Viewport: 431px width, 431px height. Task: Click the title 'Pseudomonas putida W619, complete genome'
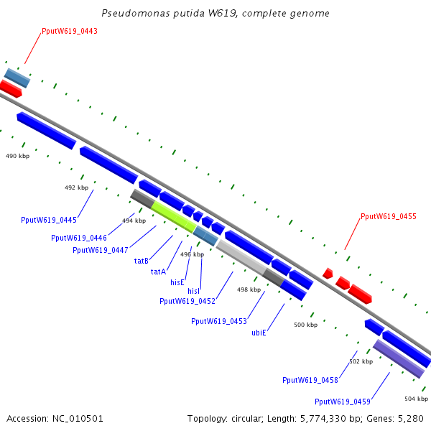tap(215, 13)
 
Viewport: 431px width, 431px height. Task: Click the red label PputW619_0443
tap(70, 32)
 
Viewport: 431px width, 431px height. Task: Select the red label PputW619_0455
tap(389, 216)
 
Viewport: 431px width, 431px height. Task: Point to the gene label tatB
tap(142, 261)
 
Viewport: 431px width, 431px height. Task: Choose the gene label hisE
tap(177, 282)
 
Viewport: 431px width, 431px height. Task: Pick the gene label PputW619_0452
tap(187, 301)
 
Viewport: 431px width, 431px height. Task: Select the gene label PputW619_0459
tap(343, 402)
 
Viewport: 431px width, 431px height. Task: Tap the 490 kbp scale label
tap(18, 156)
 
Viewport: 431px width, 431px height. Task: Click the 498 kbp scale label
tap(248, 289)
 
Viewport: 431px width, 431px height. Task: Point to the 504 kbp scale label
tap(416, 399)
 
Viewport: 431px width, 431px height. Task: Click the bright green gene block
tap(173, 215)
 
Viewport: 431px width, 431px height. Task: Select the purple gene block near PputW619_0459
tap(399, 358)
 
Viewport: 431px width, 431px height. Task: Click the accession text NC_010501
tap(55, 418)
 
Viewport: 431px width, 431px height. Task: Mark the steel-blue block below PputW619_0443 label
tap(17, 78)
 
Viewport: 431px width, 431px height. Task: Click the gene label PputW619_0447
tap(101, 250)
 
